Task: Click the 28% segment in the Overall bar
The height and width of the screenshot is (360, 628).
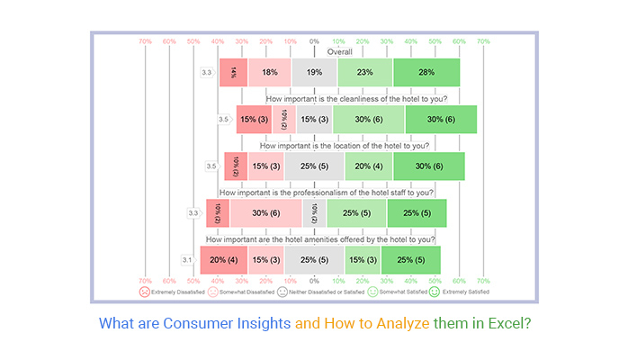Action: click(x=426, y=73)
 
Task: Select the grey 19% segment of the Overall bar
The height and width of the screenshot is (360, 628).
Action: click(x=314, y=73)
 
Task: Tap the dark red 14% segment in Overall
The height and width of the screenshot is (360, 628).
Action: click(x=233, y=73)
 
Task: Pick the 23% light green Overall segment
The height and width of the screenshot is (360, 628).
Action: click(x=364, y=73)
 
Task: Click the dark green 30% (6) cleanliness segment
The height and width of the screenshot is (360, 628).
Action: click(x=441, y=120)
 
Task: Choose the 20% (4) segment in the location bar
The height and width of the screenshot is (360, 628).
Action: click(x=368, y=166)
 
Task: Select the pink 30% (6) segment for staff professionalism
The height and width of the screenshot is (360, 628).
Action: click(x=265, y=213)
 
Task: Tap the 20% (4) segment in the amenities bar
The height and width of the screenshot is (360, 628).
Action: click(x=223, y=260)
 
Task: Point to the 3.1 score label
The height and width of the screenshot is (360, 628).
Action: click(x=187, y=260)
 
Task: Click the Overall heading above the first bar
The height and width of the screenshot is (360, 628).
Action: click(x=314, y=52)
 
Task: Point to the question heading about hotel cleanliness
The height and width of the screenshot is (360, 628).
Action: click(x=345, y=99)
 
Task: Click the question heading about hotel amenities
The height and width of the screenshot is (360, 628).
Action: click(x=320, y=239)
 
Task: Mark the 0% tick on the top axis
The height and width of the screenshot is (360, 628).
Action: click(x=314, y=41)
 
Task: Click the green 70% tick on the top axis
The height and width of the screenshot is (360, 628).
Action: click(x=483, y=41)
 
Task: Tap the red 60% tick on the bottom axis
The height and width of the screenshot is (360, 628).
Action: click(x=169, y=280)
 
